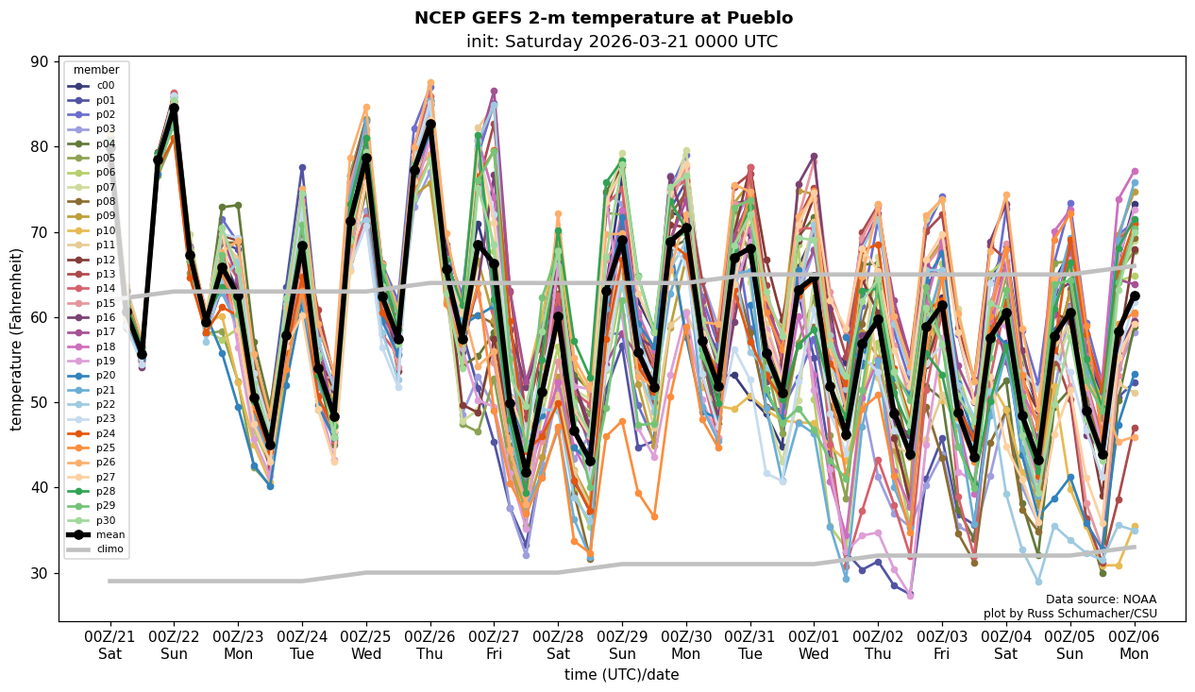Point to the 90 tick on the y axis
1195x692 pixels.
point(42,61)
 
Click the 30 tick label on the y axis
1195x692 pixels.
point(42,573)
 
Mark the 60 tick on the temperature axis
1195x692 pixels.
point(42,317)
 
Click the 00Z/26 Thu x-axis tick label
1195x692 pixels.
point(430,645)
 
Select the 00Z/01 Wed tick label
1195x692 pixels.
point(814,645)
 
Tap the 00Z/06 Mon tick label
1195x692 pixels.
point(1134,645)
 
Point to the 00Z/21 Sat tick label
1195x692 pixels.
point(110,645)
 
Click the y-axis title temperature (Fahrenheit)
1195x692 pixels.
point(17,339)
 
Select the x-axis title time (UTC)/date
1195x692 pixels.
point(621,674)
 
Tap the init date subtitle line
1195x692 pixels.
point(621,42)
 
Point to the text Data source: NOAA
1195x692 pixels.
point(1101,599)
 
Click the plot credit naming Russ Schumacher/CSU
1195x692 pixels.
point(1069,614)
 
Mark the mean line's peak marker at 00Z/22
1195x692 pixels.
point(174,109)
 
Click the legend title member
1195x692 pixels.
point(96,70)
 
